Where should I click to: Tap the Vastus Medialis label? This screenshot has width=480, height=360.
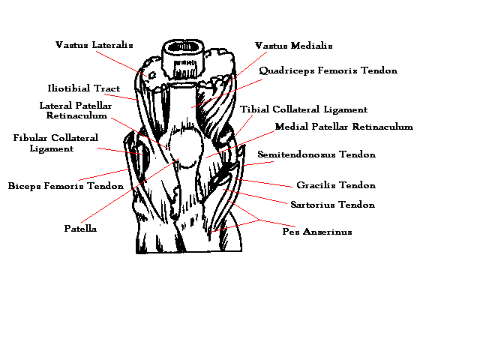[293, 46]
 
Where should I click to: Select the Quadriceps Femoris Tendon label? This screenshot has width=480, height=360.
[328, 70]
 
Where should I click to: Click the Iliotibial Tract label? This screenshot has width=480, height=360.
[83, 88]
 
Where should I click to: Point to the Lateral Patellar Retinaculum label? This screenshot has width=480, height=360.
[76, 111]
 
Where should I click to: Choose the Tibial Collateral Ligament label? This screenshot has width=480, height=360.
[304, 109]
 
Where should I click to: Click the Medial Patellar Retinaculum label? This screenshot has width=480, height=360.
[343, 127]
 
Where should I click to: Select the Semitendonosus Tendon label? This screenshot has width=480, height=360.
[316, 154]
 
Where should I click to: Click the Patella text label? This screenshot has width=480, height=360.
[80, 228]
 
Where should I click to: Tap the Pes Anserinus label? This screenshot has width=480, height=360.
[316, 232]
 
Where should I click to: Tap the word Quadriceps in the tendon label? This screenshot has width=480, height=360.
[286, 70]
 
